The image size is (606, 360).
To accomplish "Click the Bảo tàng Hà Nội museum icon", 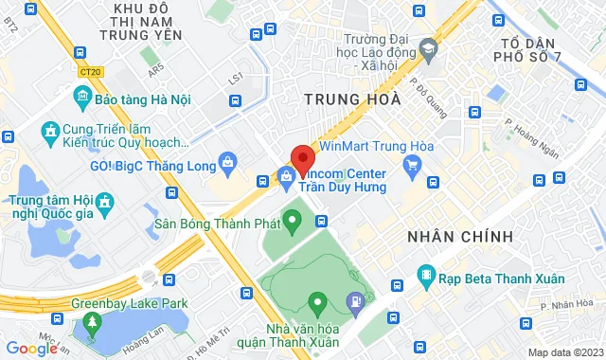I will tap(80, 98).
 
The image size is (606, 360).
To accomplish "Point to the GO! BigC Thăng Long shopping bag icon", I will tap(229, 164).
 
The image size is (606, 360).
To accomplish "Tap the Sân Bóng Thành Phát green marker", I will tap(293, 224).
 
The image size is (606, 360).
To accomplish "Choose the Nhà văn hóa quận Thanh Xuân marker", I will tap(316, 303).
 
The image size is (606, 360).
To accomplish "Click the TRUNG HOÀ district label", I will tap(344, 99).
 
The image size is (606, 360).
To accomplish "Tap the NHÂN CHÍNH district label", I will tap(459, 235).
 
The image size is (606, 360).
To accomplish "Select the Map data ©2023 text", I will tap(564, 352).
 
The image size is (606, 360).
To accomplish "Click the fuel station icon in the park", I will tap(355, 304).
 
